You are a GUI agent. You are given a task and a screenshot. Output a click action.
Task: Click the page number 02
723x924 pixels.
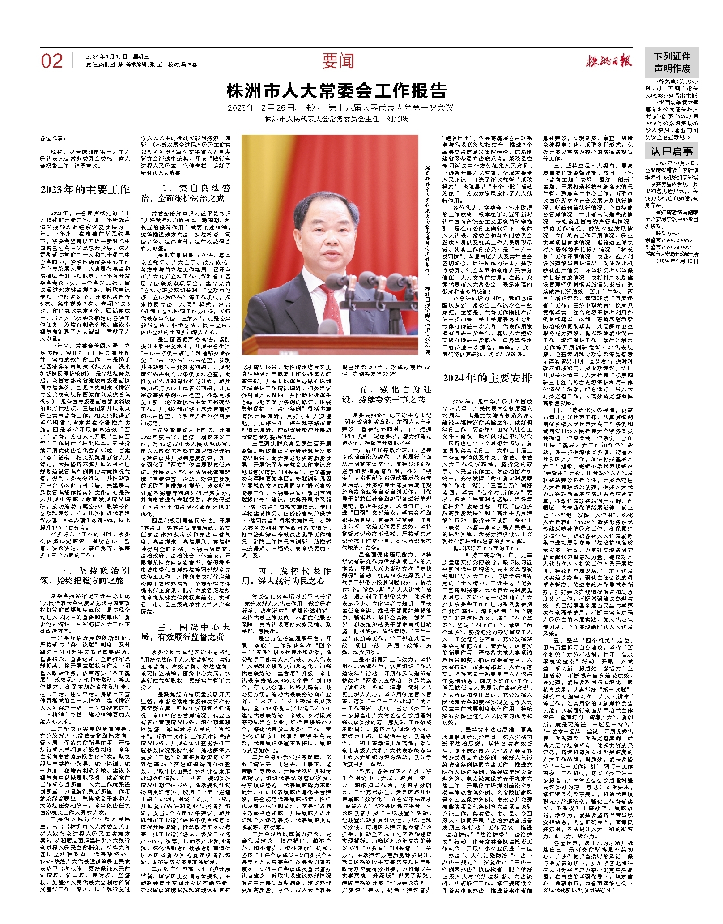pos(52,61)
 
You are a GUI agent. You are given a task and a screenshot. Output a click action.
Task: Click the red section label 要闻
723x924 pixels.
pos(338,61)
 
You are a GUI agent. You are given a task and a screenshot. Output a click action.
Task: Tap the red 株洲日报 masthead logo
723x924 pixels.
pos(609,61)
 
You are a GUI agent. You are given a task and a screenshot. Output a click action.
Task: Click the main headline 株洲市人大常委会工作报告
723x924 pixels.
pos(336,91)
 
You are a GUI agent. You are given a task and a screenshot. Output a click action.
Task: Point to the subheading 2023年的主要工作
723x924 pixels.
pos(85,189)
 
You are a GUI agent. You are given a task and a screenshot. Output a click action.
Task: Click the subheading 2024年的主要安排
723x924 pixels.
pos(487,378)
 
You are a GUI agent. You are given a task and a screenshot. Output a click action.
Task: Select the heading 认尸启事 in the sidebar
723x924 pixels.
pos(671,152)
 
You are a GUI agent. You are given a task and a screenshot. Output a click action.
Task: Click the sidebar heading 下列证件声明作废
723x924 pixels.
pos(672,63)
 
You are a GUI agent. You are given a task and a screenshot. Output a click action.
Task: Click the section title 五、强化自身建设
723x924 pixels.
pos(387,394)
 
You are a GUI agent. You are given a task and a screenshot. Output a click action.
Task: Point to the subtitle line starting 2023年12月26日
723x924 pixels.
pos(336,108)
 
